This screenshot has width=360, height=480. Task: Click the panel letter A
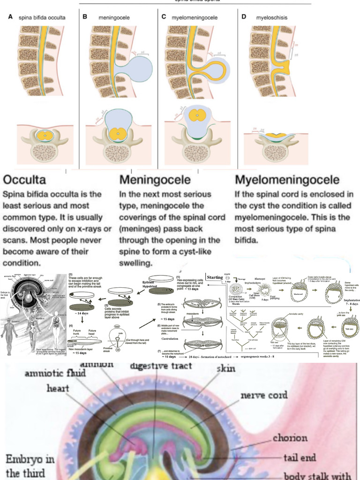click(10, 17)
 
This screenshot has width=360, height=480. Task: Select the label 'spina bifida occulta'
click(42, 18)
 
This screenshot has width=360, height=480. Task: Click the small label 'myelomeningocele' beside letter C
click(194, 18)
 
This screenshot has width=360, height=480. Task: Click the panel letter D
click(243, 17)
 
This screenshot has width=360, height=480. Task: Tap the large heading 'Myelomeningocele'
click(286, 180)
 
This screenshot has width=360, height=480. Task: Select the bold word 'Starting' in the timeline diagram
click(214, 277)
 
